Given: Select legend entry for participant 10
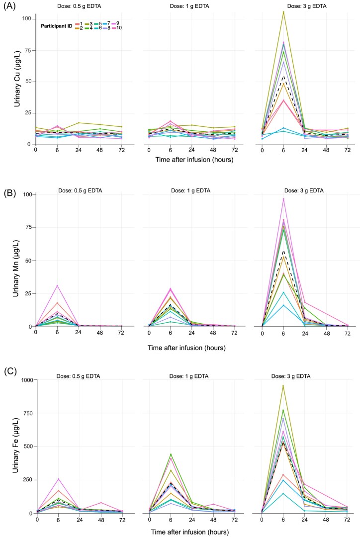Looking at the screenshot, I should pyautogui.click(x=116, y=28).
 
